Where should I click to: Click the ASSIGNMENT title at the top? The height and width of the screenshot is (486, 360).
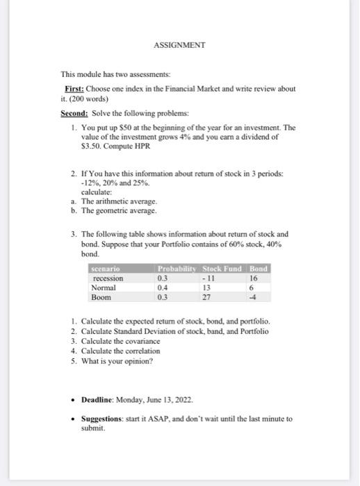(179, 45)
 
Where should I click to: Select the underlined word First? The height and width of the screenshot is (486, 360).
(74, 89)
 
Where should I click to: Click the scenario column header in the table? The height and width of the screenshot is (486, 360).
(106, 269)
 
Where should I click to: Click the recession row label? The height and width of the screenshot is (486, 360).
(108, 278)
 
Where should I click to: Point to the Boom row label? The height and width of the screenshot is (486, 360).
(101, 296)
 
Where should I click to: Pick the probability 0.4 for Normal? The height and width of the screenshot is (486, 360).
(163, 287)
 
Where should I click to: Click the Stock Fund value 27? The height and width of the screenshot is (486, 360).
(206, 296)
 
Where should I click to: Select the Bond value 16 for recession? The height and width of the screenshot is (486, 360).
(253, 278)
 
